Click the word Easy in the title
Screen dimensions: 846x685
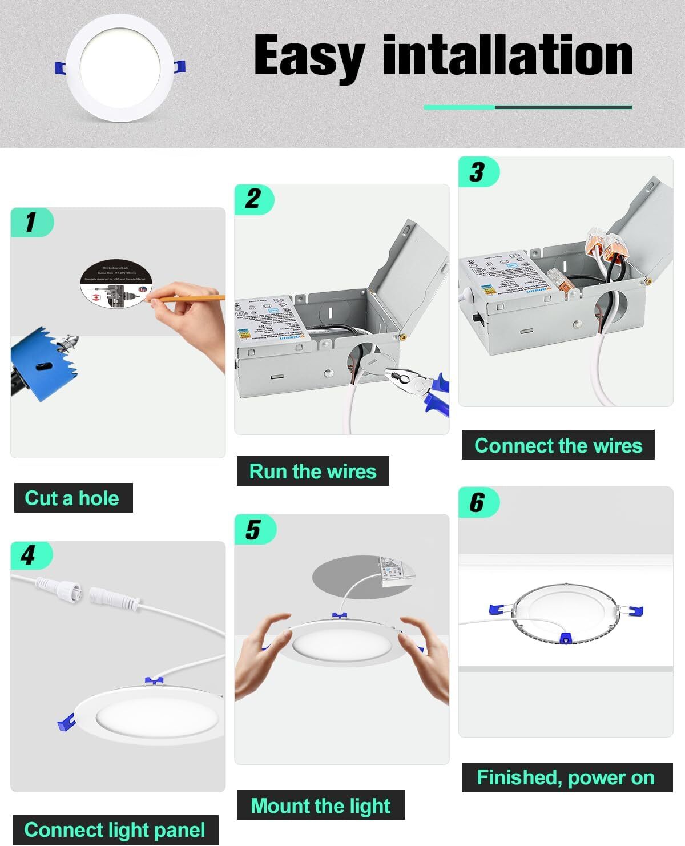point(309,56)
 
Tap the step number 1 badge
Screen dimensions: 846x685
point(32,222)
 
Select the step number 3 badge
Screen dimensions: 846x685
point(478,172)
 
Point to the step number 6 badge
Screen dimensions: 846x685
point(478,502)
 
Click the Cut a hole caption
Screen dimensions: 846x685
point(72,498)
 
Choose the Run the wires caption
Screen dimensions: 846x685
point(313,471)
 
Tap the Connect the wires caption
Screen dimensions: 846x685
point(558,445)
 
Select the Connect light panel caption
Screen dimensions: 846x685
point(115,829)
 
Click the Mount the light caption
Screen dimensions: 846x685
point(320,805)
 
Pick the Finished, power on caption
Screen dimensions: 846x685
point(566,777)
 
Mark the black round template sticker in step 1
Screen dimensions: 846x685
point(114,285)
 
